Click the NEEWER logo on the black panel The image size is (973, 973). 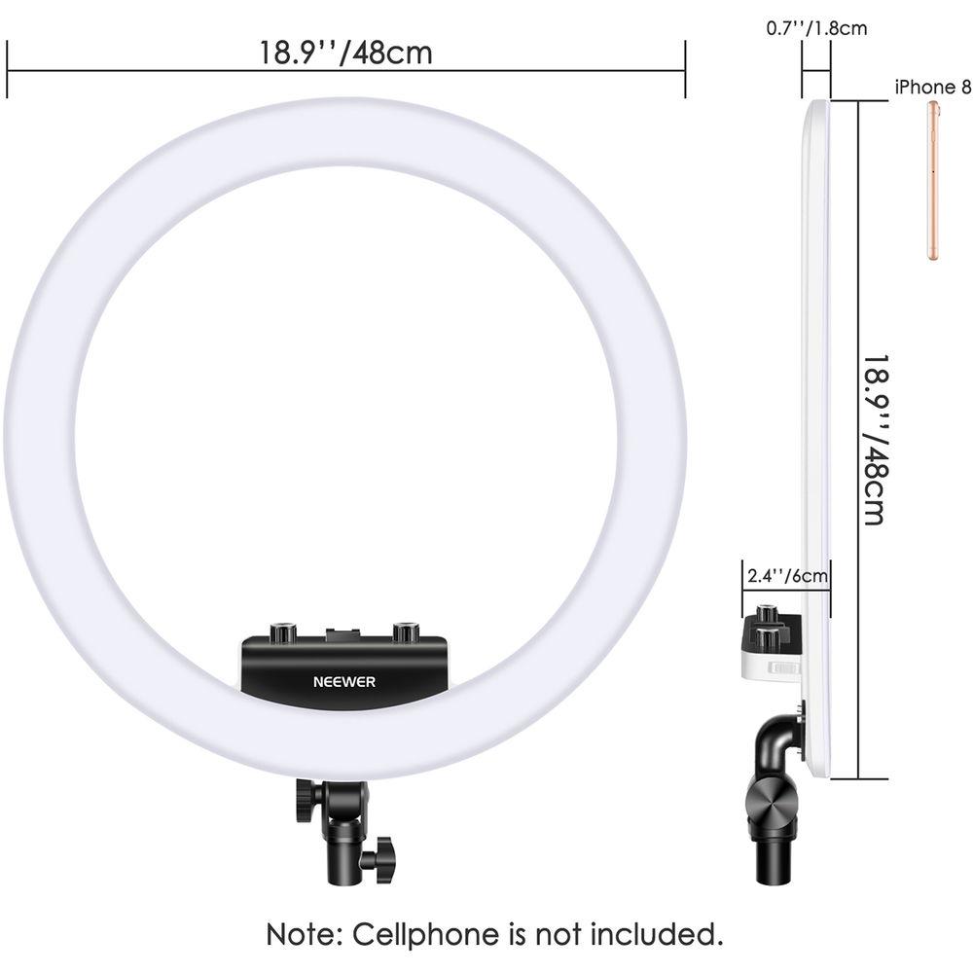click(343, 682)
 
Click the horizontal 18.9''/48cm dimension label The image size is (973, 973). click(345, 53)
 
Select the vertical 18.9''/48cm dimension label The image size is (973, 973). click(877, 440)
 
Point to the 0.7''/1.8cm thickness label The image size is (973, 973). click(816, 28)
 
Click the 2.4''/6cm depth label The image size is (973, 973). click(787, 576)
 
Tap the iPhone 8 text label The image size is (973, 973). click(933, 88)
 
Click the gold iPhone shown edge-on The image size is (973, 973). click(933, 180)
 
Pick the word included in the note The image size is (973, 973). click(657, 934)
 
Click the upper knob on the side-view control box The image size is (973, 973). click(768, 615)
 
